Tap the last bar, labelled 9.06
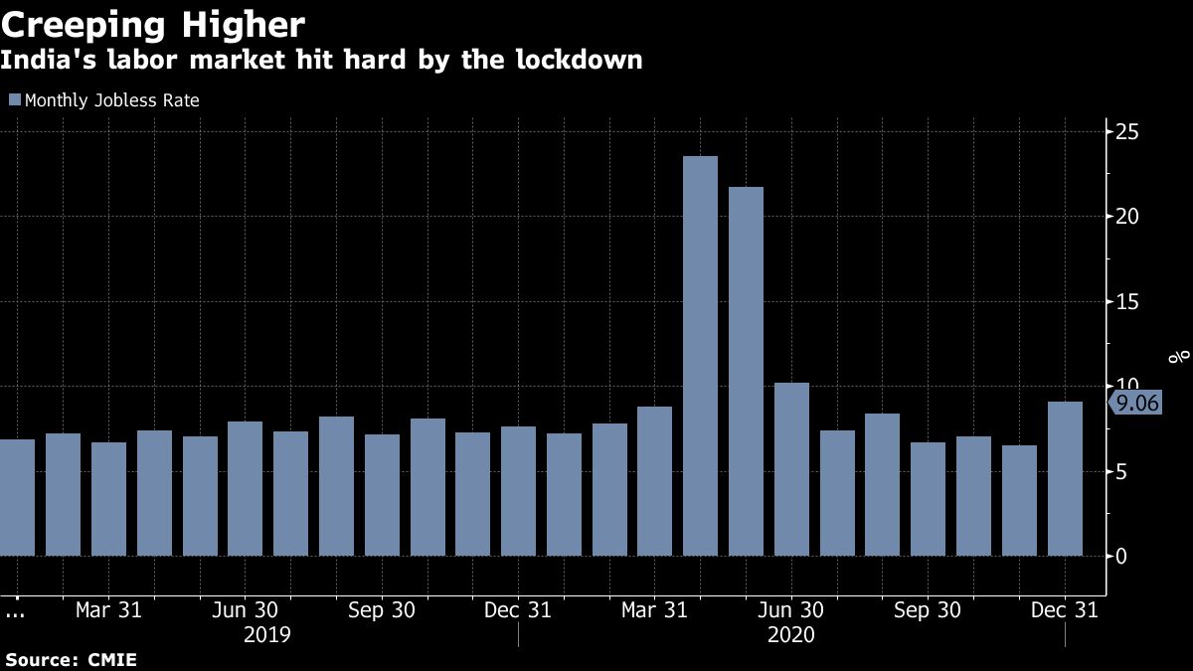click(1065, 478)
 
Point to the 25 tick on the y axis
click(1126, 132)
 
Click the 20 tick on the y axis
click(1126, 217)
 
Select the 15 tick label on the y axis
click(1126, 302)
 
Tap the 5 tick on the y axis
click(1120, 471)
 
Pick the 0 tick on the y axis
click(1120, 556)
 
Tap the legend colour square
click(14, 99)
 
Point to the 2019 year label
click(267, 634)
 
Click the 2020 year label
click(790, 634)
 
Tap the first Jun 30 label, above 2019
click(246, 610)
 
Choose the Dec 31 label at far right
click(1065, 610)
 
